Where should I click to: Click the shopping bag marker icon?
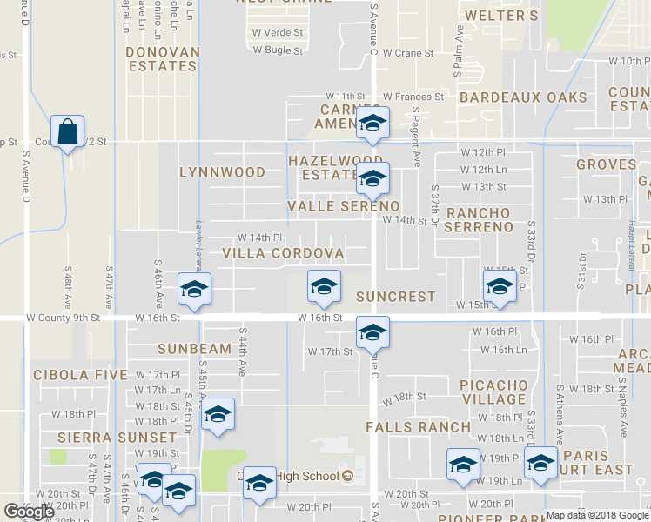[x=67, y=132]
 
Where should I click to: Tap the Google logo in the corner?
[x=29, y=512]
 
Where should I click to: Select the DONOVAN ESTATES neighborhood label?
[x=162, y=59]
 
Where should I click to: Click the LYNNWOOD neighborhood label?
[x=222, y=172]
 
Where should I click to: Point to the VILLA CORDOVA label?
[x=283, y=253]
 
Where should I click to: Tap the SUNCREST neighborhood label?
[x=395, y=297]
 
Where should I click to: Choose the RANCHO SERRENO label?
[x=479, y=220]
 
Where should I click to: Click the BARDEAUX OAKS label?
[x=524, y=97]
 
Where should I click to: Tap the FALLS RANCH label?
[x=418, y=427]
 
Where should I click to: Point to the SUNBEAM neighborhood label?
[x=195, y=349]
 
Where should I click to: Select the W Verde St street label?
[x=278, y=32]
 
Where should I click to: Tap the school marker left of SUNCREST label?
[x=324, y=287]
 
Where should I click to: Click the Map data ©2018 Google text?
[x=598, y=515]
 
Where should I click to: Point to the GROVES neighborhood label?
[x=606, y=164]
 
